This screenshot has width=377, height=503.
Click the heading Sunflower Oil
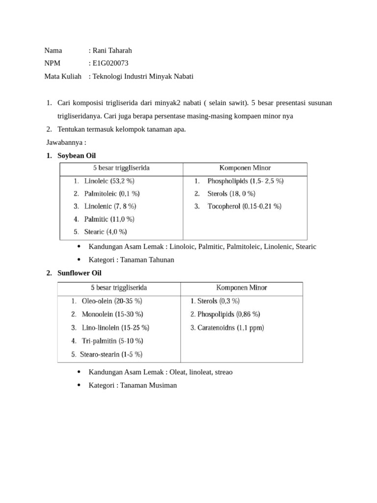pos(80,273)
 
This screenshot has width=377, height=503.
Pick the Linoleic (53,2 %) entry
pos(109,181)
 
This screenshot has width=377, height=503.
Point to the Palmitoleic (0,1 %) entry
pos(111,194)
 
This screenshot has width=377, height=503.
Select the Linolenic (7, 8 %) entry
pos(110,206)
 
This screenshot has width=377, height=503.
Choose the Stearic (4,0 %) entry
pos(106,232)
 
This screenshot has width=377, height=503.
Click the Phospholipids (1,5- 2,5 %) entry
pos(245,181)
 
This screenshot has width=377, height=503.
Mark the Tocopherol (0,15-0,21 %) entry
pos(244,206)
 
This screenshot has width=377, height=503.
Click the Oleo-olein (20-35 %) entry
pos(111,301)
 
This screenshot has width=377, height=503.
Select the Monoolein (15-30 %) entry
pos(112,314)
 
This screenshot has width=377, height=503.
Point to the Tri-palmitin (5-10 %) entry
pos(112,340)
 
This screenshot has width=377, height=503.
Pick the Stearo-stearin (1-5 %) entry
pos(112,354)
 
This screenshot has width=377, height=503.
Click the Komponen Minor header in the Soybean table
pos(244,168)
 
